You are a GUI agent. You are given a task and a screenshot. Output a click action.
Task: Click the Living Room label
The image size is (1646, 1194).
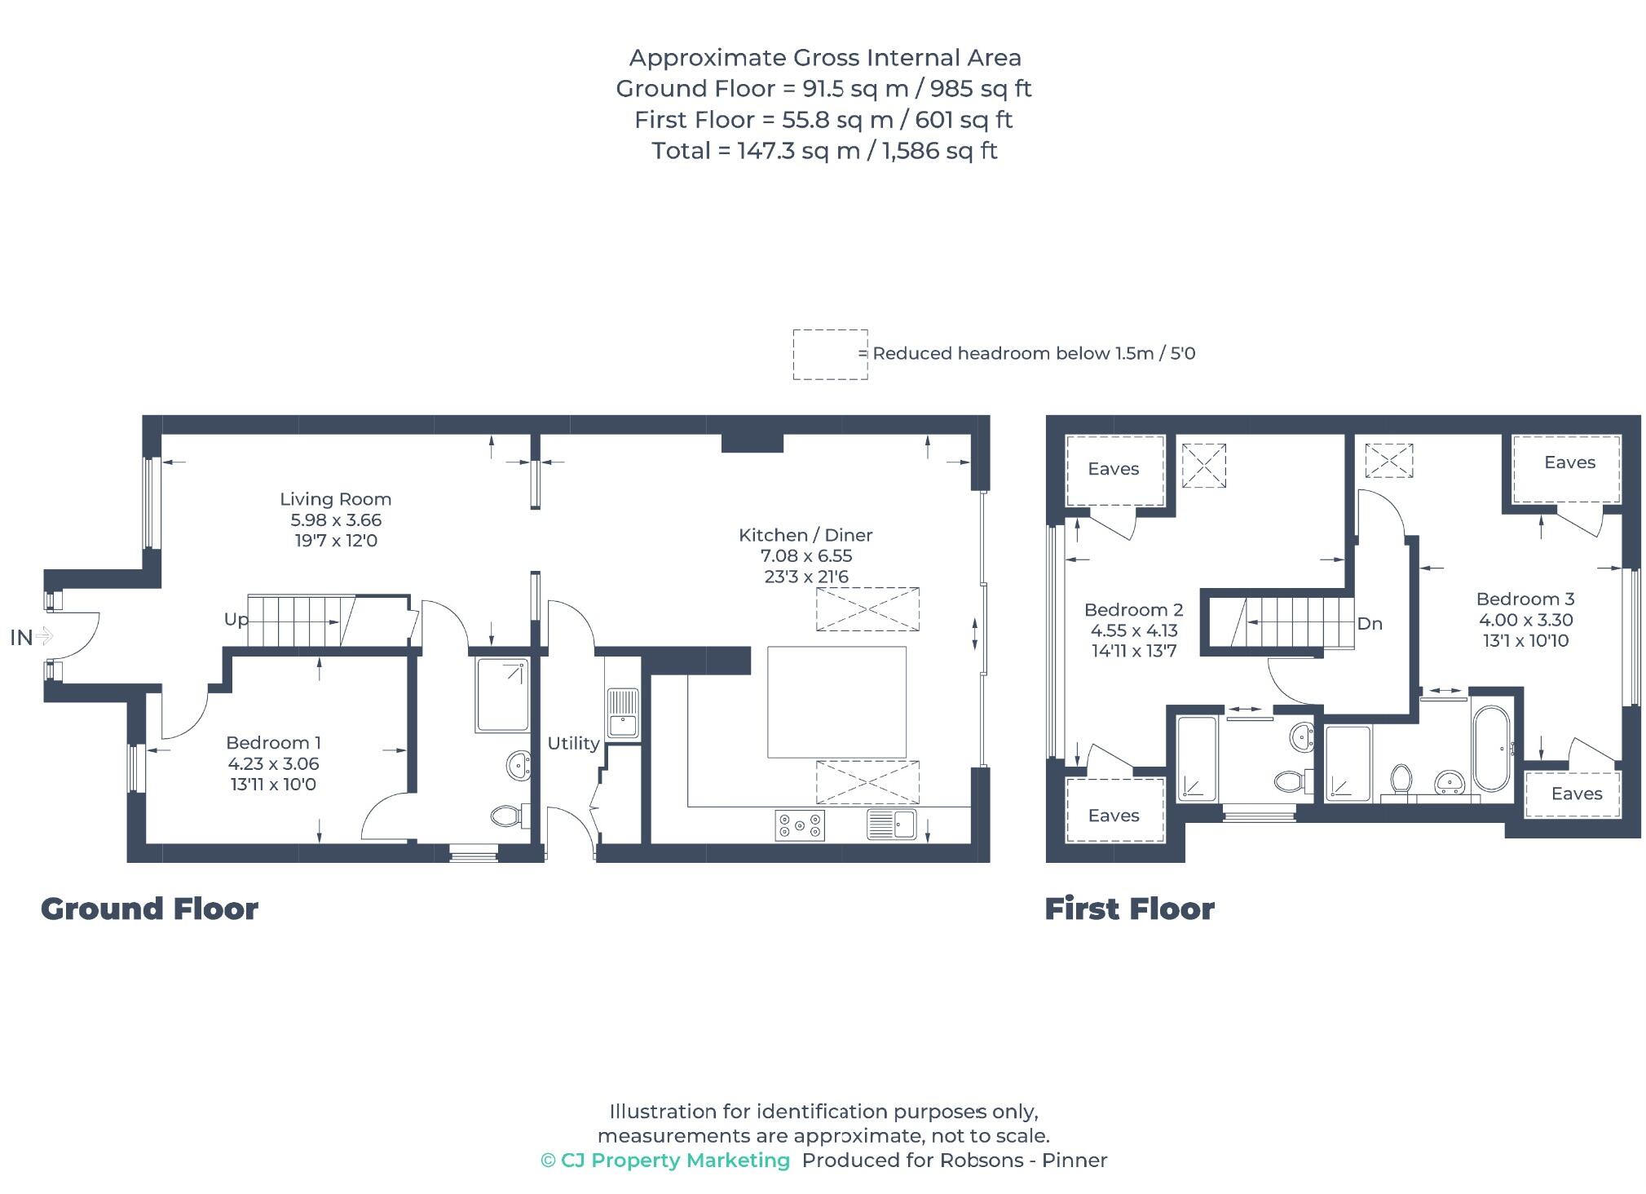click(335, 499)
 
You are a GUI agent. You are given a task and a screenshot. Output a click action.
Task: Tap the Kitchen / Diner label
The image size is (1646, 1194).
click(805, 535)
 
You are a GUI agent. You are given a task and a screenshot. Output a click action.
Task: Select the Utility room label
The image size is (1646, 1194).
click(573, 743)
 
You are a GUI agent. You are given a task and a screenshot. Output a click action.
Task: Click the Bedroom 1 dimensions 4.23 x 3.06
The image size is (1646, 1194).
click(273, 764)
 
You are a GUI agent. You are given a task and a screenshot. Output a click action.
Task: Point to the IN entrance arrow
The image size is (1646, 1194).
click(33, 637)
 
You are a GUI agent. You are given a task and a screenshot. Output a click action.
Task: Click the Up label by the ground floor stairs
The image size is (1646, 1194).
click(236, 620)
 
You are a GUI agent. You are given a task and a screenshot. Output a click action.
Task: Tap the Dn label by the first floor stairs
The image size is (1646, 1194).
click(1370, 624)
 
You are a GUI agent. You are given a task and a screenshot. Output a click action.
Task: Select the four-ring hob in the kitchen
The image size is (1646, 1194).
click(799, 825)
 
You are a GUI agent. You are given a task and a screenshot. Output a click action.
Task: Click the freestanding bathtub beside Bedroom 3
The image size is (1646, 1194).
click(1492, 749)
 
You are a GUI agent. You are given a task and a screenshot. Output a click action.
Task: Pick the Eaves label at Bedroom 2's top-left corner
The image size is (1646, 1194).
click(1113, 469)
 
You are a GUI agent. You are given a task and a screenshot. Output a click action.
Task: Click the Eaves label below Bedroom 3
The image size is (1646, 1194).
click(1576, 794)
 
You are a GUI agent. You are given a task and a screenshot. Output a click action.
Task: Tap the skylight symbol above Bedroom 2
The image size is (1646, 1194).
click(1203, 466)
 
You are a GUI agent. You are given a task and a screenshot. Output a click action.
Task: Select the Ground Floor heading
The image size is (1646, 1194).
click(149, 909)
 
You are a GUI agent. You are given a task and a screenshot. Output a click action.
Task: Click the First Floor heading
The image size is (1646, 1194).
click(1129, 909)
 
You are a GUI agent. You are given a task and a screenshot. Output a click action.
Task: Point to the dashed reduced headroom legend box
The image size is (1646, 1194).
click(829, 355)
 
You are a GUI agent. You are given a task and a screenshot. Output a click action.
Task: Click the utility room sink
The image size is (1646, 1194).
click(623, 713)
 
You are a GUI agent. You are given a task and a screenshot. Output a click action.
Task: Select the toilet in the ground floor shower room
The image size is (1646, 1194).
click(509, 815)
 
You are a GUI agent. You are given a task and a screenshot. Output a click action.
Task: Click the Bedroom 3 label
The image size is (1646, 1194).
click(1525, 599)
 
